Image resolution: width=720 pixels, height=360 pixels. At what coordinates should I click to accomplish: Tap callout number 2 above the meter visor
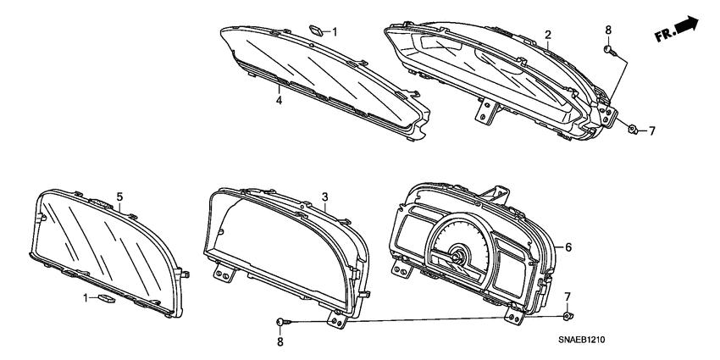point(548,35)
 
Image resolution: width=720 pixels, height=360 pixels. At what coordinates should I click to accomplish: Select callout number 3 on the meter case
point(324,198)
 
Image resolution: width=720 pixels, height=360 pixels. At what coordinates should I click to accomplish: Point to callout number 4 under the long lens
point(119,197)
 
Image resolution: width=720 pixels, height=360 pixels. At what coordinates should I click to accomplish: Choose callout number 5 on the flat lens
point(568,247)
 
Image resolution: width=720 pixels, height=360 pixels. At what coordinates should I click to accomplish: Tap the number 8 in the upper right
point(280,341)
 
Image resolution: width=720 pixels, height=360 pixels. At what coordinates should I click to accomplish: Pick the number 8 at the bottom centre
point(651,130)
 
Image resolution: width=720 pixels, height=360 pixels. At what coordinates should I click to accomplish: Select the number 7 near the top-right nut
point(568,296)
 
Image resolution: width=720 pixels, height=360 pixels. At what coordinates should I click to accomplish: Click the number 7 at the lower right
point(334,32)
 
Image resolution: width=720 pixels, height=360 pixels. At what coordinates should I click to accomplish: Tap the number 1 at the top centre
point(85,297)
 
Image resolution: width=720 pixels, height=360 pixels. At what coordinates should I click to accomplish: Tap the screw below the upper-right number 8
point(282,322)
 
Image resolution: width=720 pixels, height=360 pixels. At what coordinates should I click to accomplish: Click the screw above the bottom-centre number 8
point(633,129)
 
